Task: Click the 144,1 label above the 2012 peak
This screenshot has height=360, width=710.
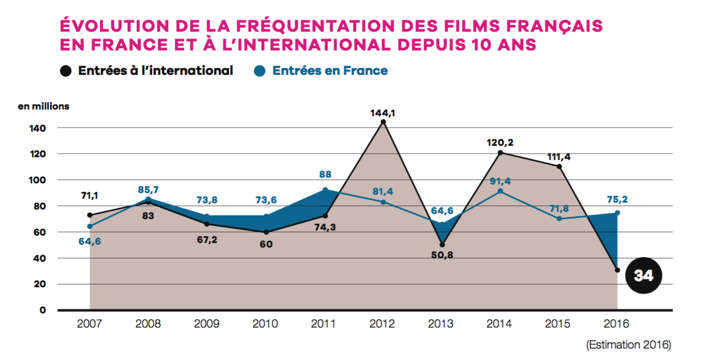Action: (x=382, y=113)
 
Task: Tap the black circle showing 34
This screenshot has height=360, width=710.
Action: (x=644, y=276)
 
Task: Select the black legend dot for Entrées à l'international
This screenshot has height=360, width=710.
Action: (x=66, y=71)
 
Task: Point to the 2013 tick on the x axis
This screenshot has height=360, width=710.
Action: (x=441, y=324)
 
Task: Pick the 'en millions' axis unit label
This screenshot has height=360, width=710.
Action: (x=44, y=106)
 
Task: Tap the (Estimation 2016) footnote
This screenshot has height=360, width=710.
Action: (x=629, y=345)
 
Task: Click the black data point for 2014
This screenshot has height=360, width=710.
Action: (x=500, y=153)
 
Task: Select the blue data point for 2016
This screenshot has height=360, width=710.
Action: (x=617, y=213)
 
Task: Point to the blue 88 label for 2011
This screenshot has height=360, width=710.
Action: (x=325, y=174)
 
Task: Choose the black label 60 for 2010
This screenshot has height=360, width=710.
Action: (x=266, y=244)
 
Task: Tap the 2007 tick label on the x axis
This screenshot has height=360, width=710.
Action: (x=89, y=324)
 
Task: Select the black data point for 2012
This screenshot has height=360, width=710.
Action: (x=383, y=122)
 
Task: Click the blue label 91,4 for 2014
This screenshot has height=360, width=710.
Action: (x=500, y=181)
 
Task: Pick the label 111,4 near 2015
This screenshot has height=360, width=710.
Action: (x=559, y=156)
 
